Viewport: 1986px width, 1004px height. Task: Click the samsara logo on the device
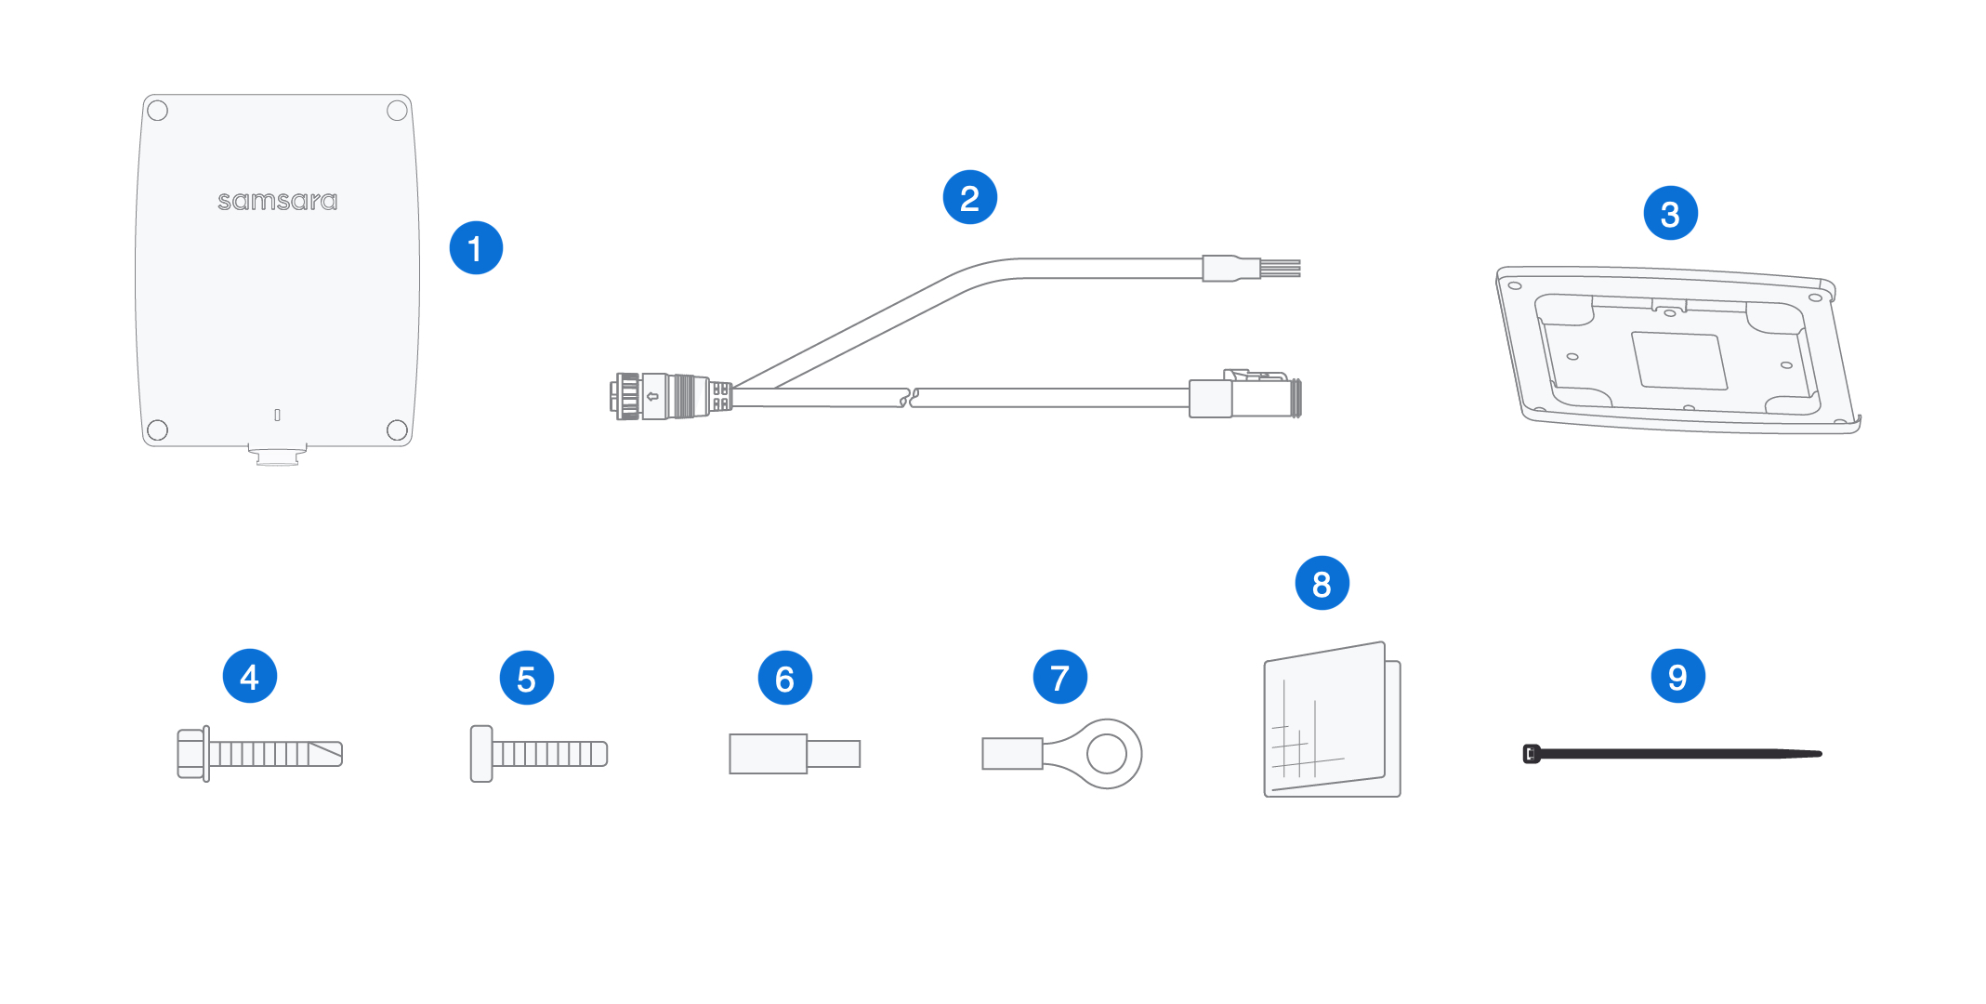(x=277, y=201)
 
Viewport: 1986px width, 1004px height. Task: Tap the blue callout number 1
(x=476, y=248)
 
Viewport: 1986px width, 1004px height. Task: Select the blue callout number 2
(x=969, y=197)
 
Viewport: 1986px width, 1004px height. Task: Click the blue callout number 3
(x=1670, y=213)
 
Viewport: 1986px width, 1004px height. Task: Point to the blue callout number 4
(x=249, y=676)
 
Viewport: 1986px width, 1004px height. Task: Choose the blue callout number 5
(x=526, y=678)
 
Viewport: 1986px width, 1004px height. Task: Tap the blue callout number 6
(x=784, y=678)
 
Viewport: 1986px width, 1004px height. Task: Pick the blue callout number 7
(x=1059, y=677)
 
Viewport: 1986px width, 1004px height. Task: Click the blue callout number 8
(x=1322, y=583)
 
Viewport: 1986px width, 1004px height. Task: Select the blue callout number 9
(x=1677, y=676)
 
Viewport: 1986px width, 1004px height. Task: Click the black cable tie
(x=1672, y=754)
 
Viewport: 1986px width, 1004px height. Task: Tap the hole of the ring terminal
(x=1106, y=754)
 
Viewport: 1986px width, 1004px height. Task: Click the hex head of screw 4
(x=191, y=754)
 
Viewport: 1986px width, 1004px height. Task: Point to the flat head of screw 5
(x=480, y=754)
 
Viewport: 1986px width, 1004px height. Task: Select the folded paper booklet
(x=1332, y=720)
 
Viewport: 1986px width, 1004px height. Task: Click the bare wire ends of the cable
(x=1280, y=269)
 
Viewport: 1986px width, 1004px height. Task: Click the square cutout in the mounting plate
(x=1679, y=361)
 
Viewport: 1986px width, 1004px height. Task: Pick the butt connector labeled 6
(x=795, y=754)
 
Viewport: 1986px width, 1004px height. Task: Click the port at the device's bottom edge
(x=277, y=456)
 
